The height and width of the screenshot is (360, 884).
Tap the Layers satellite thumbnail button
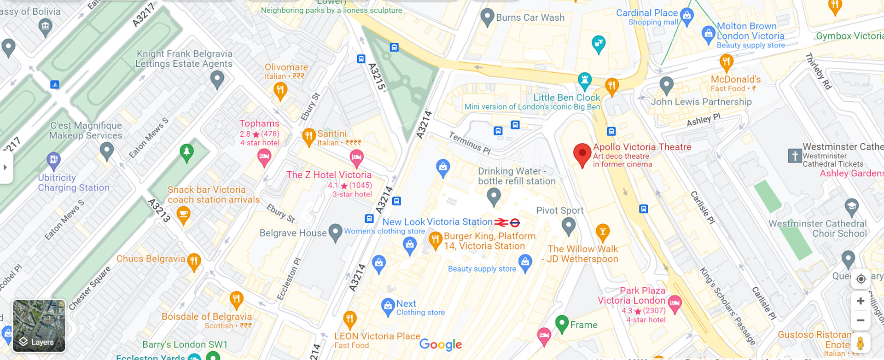[39, 325]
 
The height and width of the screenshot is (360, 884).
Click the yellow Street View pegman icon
[860, 343]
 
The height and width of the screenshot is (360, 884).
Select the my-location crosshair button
[861, 279]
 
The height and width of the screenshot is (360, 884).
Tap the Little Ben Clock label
[566, 98]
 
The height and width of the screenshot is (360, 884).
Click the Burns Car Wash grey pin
[487, 17]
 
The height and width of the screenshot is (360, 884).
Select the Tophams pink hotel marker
[264, 157]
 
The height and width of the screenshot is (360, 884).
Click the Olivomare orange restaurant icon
[280, 90]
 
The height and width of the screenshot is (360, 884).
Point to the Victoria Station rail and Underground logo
[507, 223]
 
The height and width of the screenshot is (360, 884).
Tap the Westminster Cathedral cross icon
[795, 156]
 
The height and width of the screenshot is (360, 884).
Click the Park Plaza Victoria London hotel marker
[675, 303]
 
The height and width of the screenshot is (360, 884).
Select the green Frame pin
[562, 323]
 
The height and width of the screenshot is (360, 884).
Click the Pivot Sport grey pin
[569, 226]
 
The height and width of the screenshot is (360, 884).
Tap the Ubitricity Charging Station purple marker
[53, 160]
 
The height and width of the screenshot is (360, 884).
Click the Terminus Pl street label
[470, 143]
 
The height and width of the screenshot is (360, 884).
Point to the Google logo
[440, 344]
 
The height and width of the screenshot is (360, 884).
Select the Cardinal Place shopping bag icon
[686, 16]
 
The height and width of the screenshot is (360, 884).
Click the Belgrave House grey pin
[335, 232]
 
